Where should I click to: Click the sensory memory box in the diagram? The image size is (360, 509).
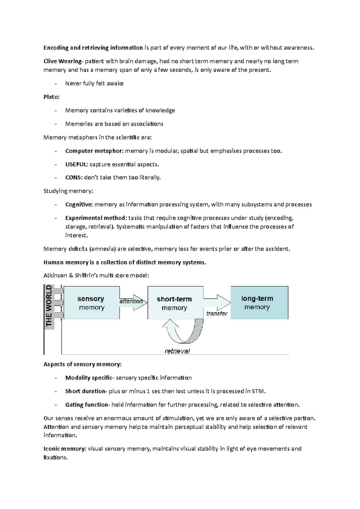91,303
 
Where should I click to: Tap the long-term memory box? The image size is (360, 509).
259,302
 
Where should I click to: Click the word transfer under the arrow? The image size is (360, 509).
217,314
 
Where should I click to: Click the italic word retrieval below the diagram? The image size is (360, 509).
177,351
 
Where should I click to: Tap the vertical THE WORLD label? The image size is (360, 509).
49,306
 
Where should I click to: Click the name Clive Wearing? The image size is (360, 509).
62,61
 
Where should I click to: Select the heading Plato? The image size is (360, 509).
52,97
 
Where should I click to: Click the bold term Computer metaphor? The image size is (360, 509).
94,151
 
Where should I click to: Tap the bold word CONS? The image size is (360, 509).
74,177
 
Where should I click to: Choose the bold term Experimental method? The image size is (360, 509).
96,218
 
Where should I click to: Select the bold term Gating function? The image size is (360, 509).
86,405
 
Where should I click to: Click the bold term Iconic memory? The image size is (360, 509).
65,449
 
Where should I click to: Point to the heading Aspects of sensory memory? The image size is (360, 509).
82,364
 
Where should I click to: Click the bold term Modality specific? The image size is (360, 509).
88,378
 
